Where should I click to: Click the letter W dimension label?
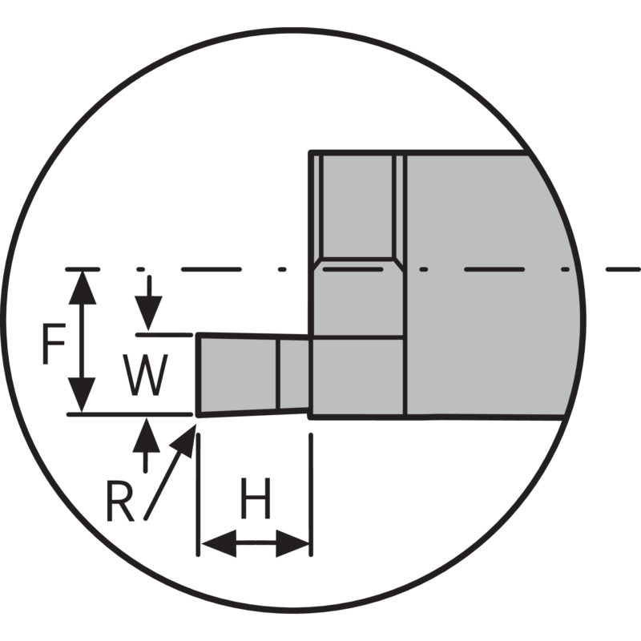(x=147, y=376)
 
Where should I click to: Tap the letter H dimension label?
(x=256, y=502)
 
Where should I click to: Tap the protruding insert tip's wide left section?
(x=237, y=374)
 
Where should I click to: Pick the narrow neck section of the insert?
(x=294, y=373)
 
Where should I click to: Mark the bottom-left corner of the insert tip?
(x=198, y=416)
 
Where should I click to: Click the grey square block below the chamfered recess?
(x=357, y=376)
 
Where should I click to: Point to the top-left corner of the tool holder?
(x=311, y=151)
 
